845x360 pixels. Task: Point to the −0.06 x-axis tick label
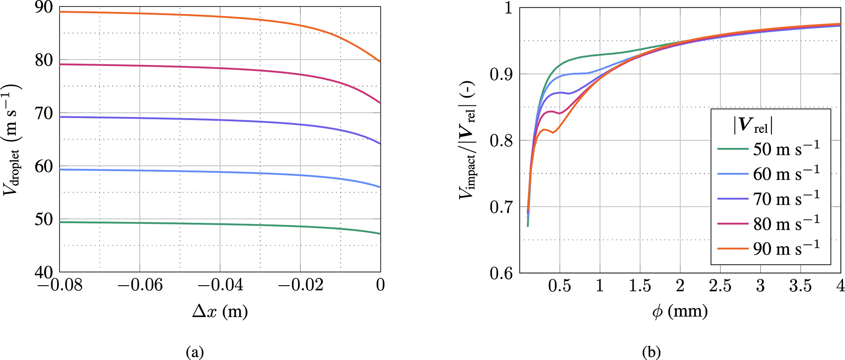tap(140, 285)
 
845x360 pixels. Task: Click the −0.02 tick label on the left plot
tap(300, 285)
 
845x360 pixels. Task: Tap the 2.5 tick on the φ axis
tap(720, 286)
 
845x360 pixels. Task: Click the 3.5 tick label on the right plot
tap(800, 286)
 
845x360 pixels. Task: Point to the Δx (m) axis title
tap(220, 312)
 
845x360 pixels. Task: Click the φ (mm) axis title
tap(680, 312)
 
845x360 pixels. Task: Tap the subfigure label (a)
tap(195, 352)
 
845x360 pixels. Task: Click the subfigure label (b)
tap(652, 352)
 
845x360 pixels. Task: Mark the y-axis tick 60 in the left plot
tap(44, 166)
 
